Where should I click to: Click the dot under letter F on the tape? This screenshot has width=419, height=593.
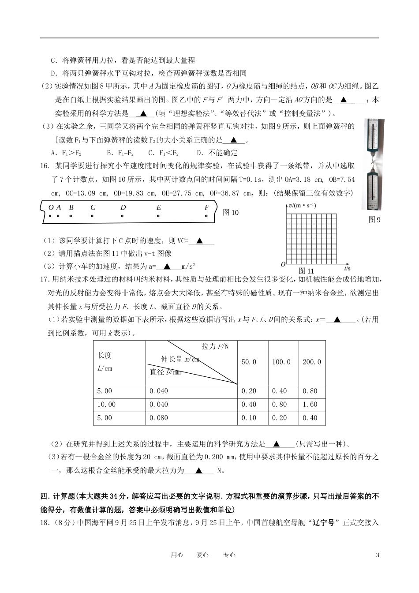click(206, 216)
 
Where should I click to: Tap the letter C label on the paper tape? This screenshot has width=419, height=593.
click(93, 207)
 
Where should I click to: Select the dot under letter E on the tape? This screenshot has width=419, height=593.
click(158, 216)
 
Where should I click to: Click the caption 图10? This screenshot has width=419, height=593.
click(231, 213)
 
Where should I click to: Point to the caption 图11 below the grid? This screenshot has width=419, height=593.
click(306, 271)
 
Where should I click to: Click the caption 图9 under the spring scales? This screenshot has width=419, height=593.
click(374, 220)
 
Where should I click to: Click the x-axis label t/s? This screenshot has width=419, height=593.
click(347, 268)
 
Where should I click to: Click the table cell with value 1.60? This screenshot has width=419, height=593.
click(311, 404)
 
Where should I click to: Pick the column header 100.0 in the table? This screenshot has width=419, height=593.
click(281, 362)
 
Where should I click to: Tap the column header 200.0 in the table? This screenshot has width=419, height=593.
click(311, 362)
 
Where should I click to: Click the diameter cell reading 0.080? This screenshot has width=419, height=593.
click(159, 418)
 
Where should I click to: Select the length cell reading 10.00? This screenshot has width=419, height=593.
click(106, 404)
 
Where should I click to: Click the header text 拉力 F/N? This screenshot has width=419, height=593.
click(215, 347)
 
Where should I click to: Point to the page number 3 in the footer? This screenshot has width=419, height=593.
click(377, 555)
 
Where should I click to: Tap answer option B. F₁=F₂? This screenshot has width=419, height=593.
click(120, 153)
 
